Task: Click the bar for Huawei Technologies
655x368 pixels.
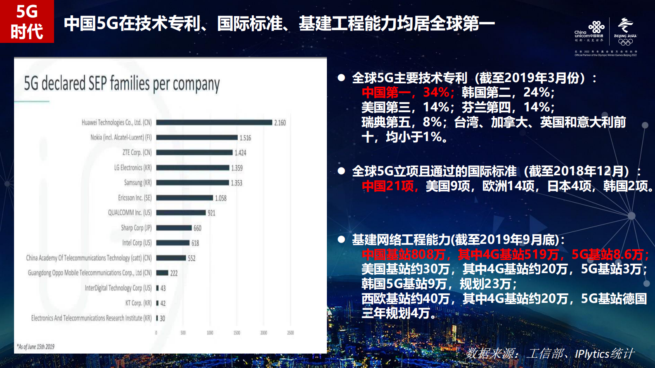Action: click(x=214, y=123)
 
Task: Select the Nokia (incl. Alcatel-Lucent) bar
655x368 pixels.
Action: click(x=197, y=137)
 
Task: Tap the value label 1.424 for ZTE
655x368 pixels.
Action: click(x=240, y=153)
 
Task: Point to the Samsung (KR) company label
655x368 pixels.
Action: click(x=138, y=183)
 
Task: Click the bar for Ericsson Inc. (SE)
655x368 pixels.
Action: click(x=184, y=198)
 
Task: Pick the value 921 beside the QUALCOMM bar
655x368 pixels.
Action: click(x=211, y=213)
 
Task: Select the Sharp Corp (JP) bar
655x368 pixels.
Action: click(x=174, y=228)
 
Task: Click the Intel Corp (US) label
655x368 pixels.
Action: click(x=137, y=243)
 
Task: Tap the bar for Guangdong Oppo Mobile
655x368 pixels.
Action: click(x=162, y=273)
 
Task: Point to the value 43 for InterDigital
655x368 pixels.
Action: click(x=163, y=288)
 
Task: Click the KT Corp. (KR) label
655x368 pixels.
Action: click(x=138, y=303)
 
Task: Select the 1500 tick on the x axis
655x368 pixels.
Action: click(x=236, y=333)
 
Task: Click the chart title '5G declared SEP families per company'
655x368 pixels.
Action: click(x=122, y=84)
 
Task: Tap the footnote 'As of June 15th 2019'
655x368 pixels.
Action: click(x=35, y=347)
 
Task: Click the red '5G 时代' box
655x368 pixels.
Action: click(x=27, y=21)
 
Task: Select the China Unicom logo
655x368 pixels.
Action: click(x=589, y=31)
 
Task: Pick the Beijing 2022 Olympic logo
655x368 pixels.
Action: click(x=625, y=31)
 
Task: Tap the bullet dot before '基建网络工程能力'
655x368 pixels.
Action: click(x=341, y=239)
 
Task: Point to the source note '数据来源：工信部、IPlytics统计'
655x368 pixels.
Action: click(x=549, y=354)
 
